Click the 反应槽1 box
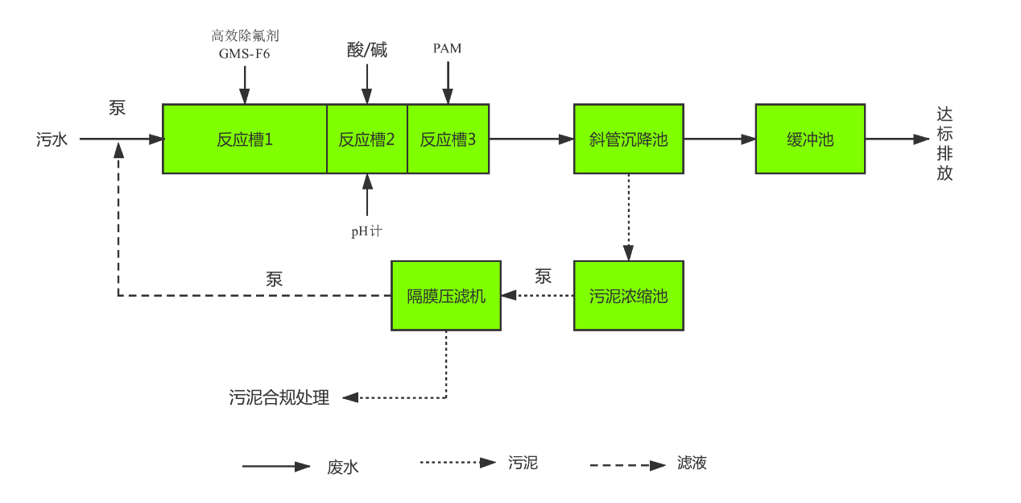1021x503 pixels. coord(245,139)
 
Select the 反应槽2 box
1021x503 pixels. coord(366,139)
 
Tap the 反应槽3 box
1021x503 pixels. coord(448,139)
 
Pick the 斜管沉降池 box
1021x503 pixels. coord(628,139)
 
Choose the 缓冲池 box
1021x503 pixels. coord(809,139)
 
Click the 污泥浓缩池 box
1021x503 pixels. coord(628,296)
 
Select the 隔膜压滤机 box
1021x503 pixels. coord(445,296)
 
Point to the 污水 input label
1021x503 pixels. coord(52,139)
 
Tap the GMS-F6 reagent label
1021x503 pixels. coord(245,55)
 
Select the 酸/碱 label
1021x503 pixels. coord(367,50)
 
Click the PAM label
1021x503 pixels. coord(447,48)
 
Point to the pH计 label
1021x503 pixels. coord(366,231)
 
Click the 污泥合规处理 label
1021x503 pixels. coord(279,397)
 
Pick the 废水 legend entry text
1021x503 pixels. coord(342,467)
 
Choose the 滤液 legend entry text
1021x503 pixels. coord(692,463)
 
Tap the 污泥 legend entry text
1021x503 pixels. coord(523,463)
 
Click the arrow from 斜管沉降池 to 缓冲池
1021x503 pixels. coord(719,139)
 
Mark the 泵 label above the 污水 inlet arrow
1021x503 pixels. coord(118,109)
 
